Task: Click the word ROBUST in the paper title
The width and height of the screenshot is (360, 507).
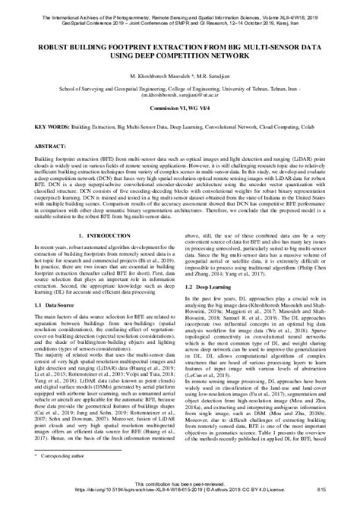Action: tap(45, 44)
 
